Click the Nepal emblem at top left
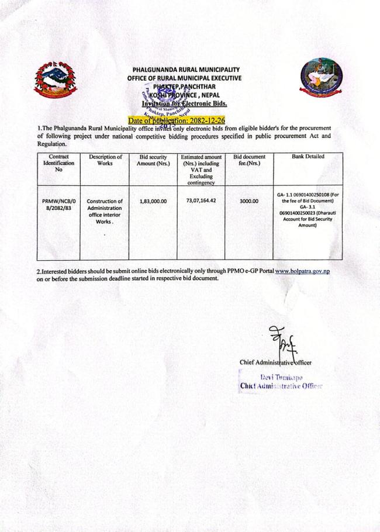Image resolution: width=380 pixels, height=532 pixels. tap(58, 78)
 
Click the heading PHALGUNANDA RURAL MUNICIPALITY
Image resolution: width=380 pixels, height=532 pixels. tap(186, 70)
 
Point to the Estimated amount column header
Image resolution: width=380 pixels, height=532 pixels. tap(201, 170)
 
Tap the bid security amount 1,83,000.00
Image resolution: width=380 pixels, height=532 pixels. tap(154, 201)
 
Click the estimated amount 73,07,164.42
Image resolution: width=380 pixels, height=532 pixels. tap(201, 201)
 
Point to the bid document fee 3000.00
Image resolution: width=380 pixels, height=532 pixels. tap(248, 201)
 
